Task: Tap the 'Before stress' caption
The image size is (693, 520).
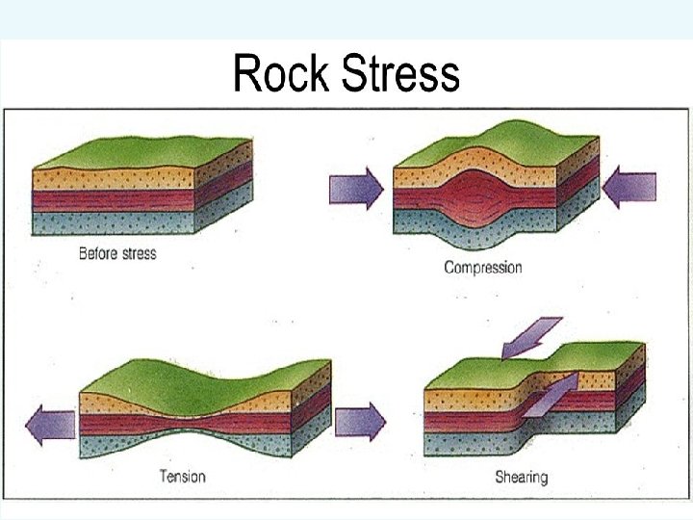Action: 117,254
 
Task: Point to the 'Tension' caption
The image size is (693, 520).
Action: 182,476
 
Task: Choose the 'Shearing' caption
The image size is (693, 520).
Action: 522,476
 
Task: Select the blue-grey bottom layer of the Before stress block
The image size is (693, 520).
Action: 115,222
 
